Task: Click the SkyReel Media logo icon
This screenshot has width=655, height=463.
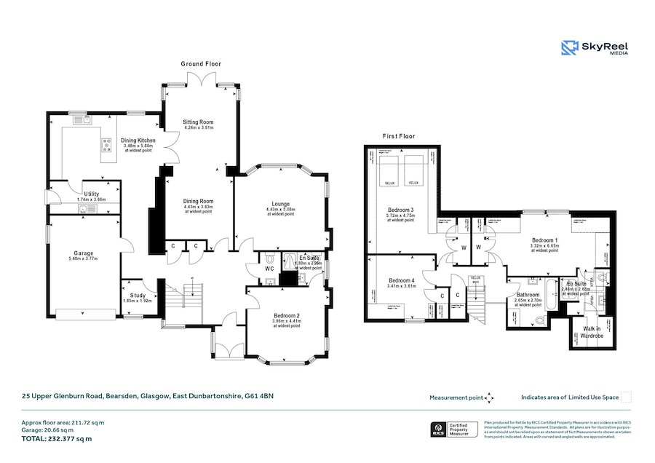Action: [x=569, y=48]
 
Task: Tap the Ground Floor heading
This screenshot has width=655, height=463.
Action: [x=201, y=64]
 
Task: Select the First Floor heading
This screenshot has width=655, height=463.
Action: [x=399, y=136]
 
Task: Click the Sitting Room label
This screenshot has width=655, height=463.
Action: [x=199, y=122]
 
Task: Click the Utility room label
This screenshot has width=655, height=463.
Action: [x=91, y=194]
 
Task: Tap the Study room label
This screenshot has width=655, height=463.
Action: [x=138, y=296]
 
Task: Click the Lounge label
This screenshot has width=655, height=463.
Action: [x=280, y=204]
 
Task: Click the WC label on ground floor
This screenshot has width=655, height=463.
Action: [x=269, y=269]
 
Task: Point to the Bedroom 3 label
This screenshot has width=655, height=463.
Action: [x=401, y=210]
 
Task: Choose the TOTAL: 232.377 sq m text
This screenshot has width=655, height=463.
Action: [x=56, y=439]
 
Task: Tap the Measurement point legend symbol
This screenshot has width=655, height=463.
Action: [x=490, y=397]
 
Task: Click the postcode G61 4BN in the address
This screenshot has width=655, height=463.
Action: [x=260, y=397]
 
